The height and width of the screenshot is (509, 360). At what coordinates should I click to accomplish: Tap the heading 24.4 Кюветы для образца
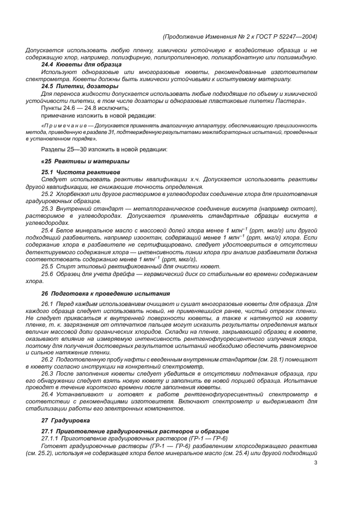click(82, 64)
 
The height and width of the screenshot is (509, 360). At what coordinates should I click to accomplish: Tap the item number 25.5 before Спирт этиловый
click(47, 267)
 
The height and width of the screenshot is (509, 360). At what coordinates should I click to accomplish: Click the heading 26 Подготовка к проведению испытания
click(106, 293)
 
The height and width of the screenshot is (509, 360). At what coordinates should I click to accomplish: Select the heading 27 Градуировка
click(66, 421)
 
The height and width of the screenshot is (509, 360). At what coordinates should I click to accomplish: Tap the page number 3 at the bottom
click(315, 463)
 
